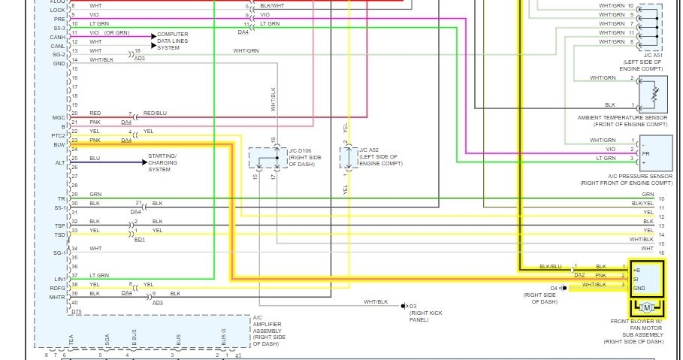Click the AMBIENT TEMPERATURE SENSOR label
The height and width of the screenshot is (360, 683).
tap(623, 120)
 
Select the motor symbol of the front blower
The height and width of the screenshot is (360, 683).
tap(647, 307)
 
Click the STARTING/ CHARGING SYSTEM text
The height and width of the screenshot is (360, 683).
tap(162, 162)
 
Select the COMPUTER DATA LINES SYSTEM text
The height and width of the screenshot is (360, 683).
tap(173, 41)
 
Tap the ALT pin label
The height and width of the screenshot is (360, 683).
tap(60, 162)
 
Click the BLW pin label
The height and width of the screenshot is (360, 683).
tap(59, 144)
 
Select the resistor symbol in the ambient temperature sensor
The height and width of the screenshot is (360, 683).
tap(655, 94)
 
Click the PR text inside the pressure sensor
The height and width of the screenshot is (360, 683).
tap(645, 154)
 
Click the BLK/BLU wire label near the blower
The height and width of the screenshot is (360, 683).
tap(551, 267)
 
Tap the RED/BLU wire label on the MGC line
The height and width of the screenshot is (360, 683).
tap(155, 113)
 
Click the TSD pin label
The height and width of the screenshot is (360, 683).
tap(59, 234)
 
